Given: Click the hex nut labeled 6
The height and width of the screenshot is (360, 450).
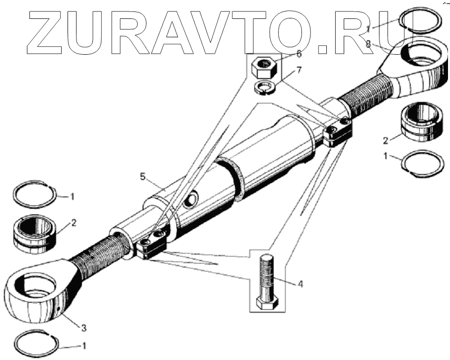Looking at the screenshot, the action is click(263, 66).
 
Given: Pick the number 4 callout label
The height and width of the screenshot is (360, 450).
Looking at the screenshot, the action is click(300, 284).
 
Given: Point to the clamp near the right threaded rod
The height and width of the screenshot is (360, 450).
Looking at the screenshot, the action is click(338, 132).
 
